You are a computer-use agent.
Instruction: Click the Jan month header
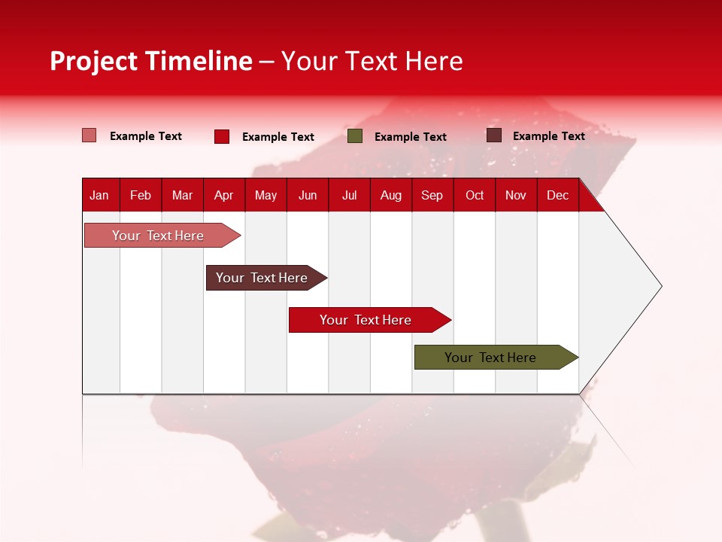point(99,195)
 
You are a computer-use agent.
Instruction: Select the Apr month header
point(223,195)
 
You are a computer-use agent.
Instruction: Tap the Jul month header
point(349,195)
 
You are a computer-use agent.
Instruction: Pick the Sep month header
point(432,195)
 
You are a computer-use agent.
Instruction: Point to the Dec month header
point(557,195)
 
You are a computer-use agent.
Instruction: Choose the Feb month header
point(141,195)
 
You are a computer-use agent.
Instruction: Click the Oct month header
point(475,195)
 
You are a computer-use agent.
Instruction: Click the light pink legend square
point(89,135)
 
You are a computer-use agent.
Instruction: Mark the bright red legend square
point(221,136)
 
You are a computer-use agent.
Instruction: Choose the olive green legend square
point(355,136)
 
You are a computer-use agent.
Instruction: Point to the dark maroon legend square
point(493,135)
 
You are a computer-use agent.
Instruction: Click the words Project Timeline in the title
point(150,61)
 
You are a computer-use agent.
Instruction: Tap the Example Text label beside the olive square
point(410,137)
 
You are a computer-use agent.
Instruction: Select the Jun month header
point(308,195)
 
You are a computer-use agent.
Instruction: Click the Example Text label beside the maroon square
point(548,136)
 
